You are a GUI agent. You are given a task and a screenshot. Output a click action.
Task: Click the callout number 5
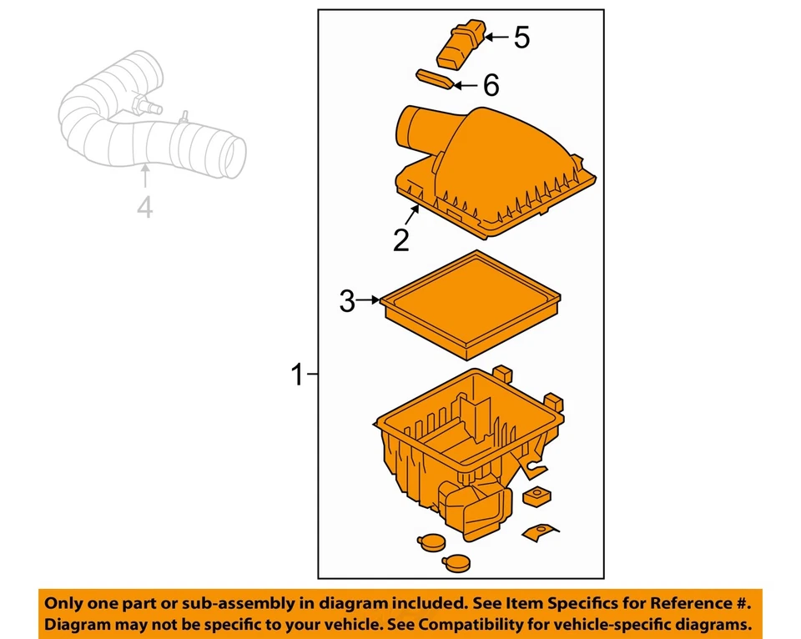(x=521, y=38)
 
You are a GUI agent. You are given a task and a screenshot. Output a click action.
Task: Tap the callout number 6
(x=491, y=85)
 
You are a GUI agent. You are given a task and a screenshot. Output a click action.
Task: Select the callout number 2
(x=401, y=240)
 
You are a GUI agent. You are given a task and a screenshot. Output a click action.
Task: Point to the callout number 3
(x=347, y=302)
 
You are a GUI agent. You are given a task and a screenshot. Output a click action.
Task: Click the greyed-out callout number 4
(x=145, y=207)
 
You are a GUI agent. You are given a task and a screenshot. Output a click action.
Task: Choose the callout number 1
(x=297, y=376)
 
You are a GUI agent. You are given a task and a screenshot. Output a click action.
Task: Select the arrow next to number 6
(x=465, y=84)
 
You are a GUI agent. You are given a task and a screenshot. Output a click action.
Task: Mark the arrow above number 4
(x=145, y=178)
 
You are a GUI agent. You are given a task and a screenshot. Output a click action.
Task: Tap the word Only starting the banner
(x=64, y=602)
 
